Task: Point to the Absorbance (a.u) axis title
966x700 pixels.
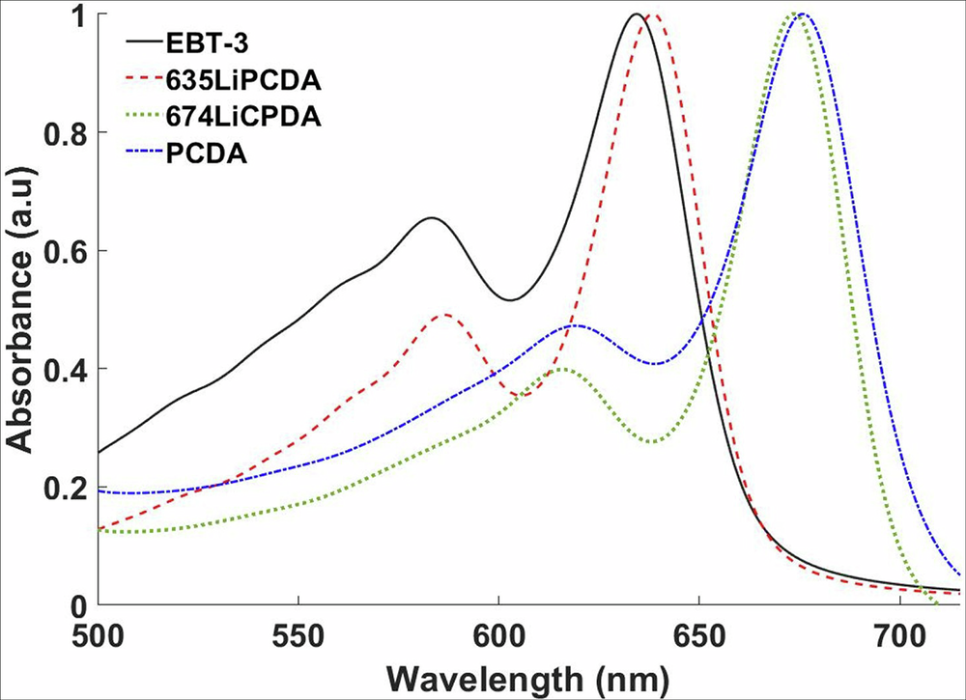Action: (21, 311)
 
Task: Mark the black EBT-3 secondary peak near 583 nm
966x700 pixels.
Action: (431, 218)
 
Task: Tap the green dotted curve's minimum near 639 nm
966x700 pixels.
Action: (654, 442)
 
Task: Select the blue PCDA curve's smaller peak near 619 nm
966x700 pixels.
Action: (576, 326)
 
